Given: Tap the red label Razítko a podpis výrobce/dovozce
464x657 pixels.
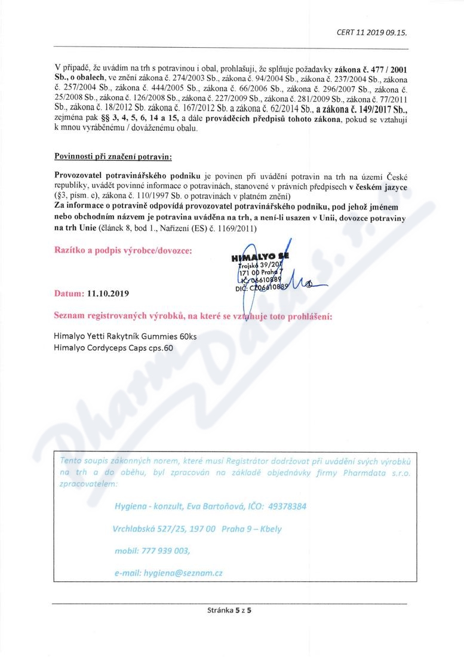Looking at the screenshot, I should [x=124, y=251].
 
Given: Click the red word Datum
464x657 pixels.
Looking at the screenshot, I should [x=69, y=294].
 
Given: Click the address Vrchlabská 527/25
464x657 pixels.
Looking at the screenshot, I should [x=148, y=529].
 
